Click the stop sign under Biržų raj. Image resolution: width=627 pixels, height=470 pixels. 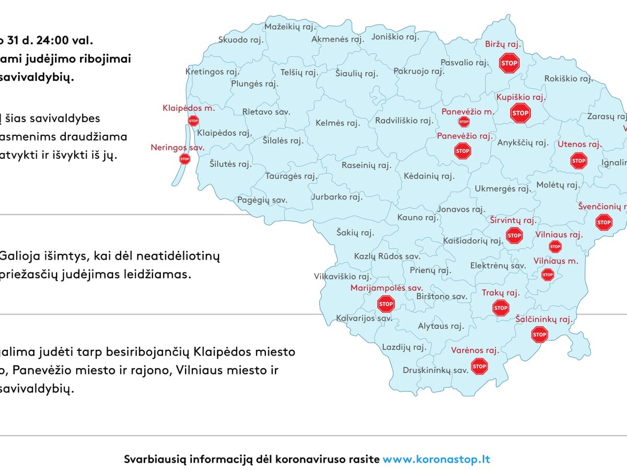pos(509,63)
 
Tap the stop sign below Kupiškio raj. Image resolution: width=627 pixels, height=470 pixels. pos(520,113)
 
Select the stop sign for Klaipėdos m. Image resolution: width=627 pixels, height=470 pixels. pos(193,121)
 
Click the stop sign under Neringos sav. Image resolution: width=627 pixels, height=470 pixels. pos(184,159)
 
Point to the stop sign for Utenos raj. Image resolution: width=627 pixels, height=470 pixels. pos(578,160)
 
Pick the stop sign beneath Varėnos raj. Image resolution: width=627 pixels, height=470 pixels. pos(479,367)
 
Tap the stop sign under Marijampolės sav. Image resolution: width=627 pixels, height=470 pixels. pos(386,303)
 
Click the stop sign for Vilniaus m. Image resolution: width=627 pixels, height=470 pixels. pos(547,274)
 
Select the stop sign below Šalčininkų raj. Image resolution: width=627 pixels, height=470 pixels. pos(539,334)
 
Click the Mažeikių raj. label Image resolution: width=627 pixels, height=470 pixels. pos(289,27)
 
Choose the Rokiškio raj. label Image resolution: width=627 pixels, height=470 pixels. pos(568,79)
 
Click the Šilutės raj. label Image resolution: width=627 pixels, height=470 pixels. pos(230,164)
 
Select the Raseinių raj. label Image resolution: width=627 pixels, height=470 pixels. pos(366,166)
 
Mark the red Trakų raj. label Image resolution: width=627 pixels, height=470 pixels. pos(501,293)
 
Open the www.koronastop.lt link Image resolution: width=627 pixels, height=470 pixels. pos(436,460)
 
